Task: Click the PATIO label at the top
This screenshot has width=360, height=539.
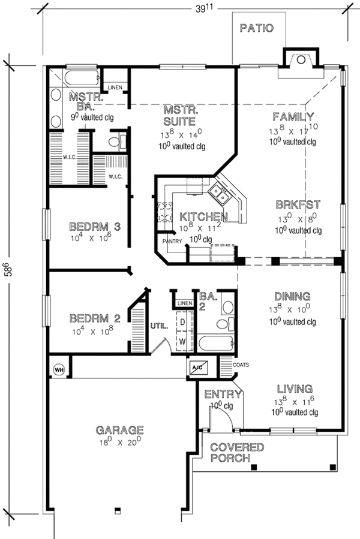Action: coord(257,28)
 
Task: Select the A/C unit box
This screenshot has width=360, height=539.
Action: coord(197,368)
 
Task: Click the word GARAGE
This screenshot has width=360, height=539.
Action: coord(120,430)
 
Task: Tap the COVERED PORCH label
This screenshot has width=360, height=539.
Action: coord(237,453)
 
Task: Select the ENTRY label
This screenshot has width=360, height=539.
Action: coord(223,395)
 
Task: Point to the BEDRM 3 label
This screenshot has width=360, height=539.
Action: coord(95,227)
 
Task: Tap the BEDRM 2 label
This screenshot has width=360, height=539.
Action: coord(95,318)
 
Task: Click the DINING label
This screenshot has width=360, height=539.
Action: coord(292,296)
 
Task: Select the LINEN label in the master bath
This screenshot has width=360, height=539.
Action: coord(115,88)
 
